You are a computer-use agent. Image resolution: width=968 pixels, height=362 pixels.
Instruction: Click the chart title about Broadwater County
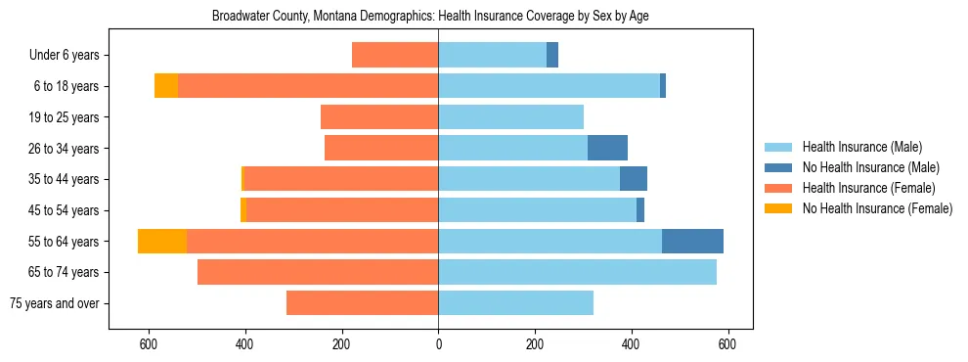[x=430, y=17]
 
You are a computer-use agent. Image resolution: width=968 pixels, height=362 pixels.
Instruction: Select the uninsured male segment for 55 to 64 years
[x=692, y=242]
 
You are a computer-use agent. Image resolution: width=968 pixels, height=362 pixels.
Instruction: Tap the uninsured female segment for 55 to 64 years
[x=162, y=242]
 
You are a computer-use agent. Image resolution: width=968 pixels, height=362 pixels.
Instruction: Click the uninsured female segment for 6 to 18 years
[x=166, y=86]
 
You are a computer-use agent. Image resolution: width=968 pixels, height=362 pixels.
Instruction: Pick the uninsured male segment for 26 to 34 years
[x=607, y=148]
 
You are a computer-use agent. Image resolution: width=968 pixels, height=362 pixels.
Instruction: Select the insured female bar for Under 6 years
[x=395, y=55]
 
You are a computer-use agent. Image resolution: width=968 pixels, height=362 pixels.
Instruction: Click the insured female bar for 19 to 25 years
[x=379, y=117]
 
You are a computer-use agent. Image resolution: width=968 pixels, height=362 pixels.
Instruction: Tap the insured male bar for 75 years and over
[x=515, y=303]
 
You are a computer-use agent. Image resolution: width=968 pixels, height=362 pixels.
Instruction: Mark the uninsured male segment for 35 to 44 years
[x=634, y=179]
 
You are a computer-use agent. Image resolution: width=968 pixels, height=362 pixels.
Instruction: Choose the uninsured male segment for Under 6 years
[x=552, y=55]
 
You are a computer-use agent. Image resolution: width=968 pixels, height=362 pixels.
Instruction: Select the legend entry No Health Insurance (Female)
[x=877, y=208]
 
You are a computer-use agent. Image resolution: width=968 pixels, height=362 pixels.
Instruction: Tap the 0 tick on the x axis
[x=438, y=344]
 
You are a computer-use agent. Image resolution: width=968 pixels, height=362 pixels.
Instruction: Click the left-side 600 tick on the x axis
[x=149, y=344]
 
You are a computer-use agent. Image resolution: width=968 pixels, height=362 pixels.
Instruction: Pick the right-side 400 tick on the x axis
[x=631, y=344]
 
